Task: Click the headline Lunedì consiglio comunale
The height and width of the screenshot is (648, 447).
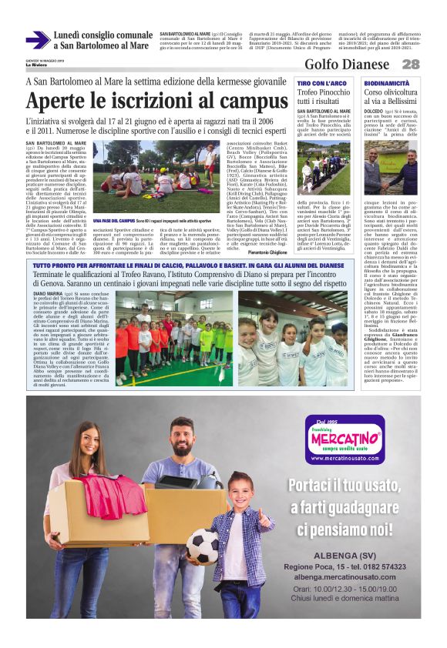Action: (103, 35)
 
